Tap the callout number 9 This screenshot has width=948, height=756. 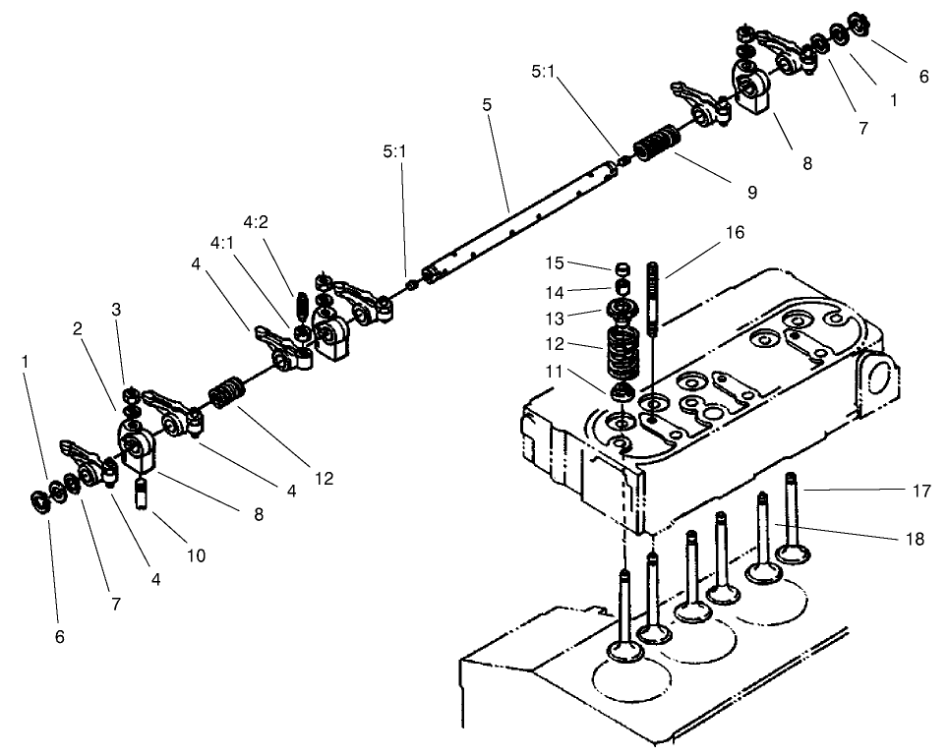pyautogui.click(x=751, y=193)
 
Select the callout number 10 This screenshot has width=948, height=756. pyautogui.click(x=195, y=555)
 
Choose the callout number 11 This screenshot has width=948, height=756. pyautogui.click(x=557, y=373)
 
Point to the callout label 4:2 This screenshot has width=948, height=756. pyautogui.click(x=255, y=221)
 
